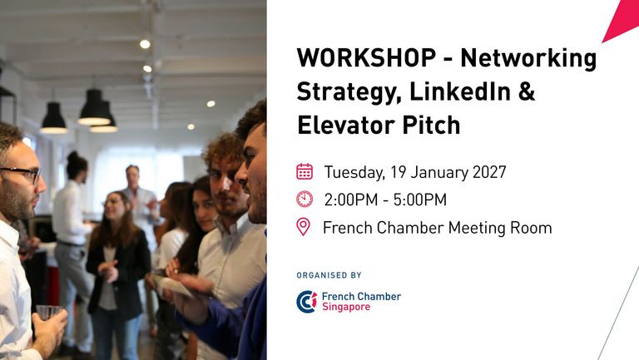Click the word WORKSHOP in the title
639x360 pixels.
click(366, 58)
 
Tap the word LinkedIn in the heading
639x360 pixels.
click(459, 91)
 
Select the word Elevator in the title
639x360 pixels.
click(346, 125)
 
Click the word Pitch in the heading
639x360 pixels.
click(431, 125)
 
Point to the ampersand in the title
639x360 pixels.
click(527, 91)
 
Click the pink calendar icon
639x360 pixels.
click(305, 171)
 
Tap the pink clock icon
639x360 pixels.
click(305, 200)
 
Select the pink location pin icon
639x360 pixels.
click(303, 227)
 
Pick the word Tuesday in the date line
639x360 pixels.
click(354, 173)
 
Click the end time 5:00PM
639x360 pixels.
click(419, 200)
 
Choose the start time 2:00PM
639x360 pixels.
click(351, 200)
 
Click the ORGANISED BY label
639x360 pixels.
click(329, 275)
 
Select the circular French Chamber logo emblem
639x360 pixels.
click(307, 302)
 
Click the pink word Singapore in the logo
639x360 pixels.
click(346, 307)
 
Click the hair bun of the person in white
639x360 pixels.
click(73, 156)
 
